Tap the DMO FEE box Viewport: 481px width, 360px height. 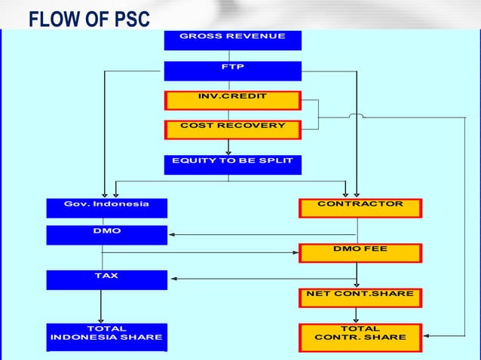[360, 252]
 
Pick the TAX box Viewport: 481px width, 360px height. [106, 279]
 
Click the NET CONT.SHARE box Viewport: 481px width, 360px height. [360, 297]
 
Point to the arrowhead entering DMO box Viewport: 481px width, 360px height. [171, 234]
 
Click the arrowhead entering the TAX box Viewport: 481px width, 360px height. [171, 279]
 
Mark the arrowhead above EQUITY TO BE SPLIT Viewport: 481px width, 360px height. [228, 151]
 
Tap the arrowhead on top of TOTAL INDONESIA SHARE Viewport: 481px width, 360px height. [101, 319]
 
